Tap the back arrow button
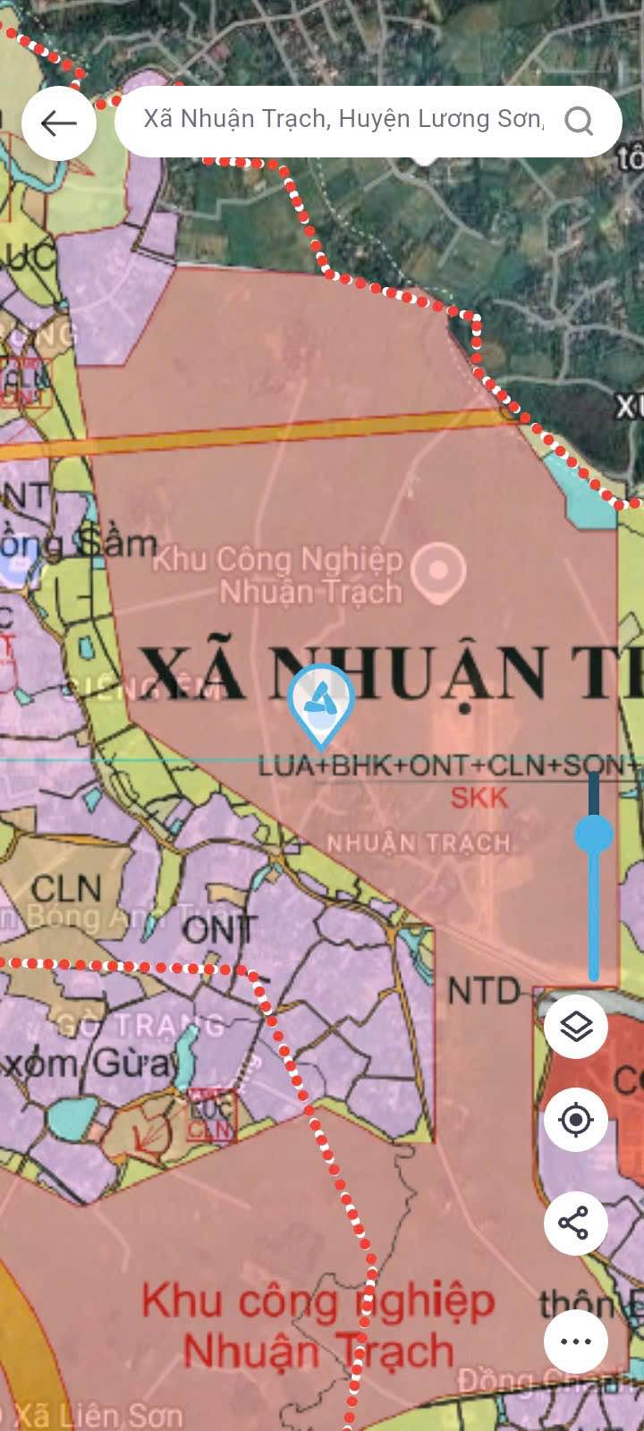coord(59,123)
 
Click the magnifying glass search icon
coord(579,121)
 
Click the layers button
coord(576,1026)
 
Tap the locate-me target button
coord(576,1119)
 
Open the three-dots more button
coord(576,1341)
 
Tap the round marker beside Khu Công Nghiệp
coord(438,569)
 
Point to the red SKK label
coord(479,798)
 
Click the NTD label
coord(484,991)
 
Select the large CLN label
coord(66,888)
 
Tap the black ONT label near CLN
coord(220,930)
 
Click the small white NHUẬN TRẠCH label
coord(418,843)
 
